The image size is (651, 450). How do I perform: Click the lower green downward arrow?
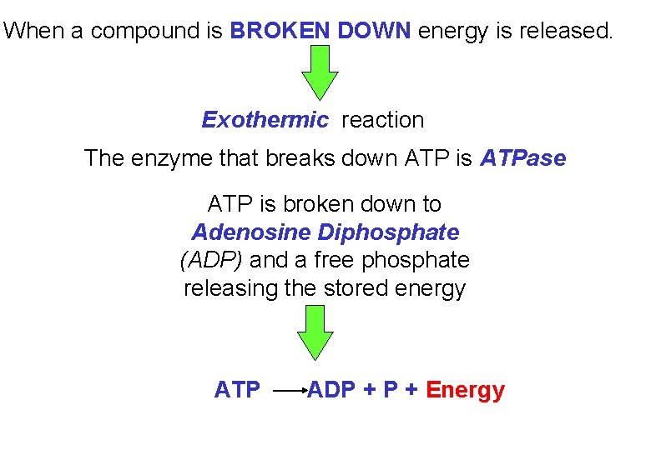(x=315, y=331)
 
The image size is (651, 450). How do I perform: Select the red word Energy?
(x=465, y=390)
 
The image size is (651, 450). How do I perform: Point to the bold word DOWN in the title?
(x=373, y=32)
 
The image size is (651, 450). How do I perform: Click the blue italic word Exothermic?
(x=265, y=120)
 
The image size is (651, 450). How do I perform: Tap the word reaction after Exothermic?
(x=382, y=120)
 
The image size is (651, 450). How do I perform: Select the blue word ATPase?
(x=522, y=158)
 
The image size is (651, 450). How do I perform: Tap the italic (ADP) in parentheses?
(x=211, y=261)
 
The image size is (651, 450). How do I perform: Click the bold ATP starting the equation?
(x=237, y=390)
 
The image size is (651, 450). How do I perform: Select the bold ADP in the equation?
(x=332, y=390)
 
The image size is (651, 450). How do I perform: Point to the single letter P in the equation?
(x=390, y=390)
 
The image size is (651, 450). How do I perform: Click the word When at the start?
(x=33, y=32)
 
